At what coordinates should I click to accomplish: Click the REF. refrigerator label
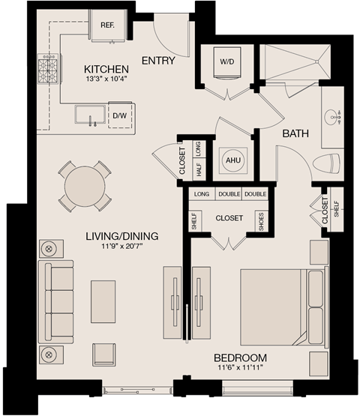pos(106,24)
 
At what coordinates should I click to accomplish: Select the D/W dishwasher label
pos(120,116)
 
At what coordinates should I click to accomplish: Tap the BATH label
pos(296,133)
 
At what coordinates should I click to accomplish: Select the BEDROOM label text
pos(240,358)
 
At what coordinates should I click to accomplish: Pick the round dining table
pos(85,185)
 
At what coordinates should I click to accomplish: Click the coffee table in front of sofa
pos(103,301)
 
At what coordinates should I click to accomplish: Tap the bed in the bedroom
pos(279,306)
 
